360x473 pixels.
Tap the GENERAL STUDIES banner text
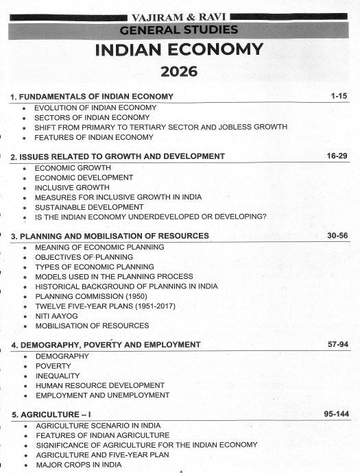pyautogui.click(x=179, y=29)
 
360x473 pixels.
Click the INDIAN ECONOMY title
pyautogui.click(x=179, y=50)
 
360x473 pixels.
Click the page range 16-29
pyautogui.click(x=337, y=156)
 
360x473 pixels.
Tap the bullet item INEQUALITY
pyautogui.click(x=58, y=376)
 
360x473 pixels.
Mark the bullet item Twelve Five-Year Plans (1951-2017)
pyautogui.click(x=103, y=306)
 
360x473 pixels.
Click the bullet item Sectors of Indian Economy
pyautogui.click(x=92, y=117)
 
